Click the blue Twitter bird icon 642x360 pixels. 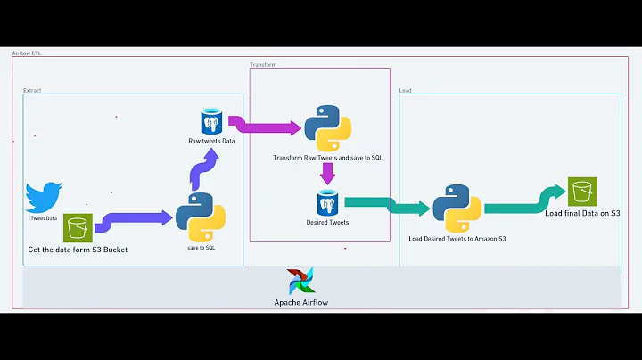click(x=44, y=197)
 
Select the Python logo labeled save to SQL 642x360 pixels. click(x=200, y=217)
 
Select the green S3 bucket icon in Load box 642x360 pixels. click(x=582, y=191)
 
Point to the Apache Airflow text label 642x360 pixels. click(x=300, y=303)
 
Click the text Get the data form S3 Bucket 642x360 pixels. click(x=78, y=250)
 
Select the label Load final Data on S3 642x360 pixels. click(x=582, y=214)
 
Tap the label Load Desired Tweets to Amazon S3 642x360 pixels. click(x=457, y=239)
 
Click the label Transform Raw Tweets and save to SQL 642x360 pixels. click(x=327, y=157)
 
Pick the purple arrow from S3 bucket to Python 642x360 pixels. click(x=134, y=219)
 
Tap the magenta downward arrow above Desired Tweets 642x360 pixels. click(x=327, y=176)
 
